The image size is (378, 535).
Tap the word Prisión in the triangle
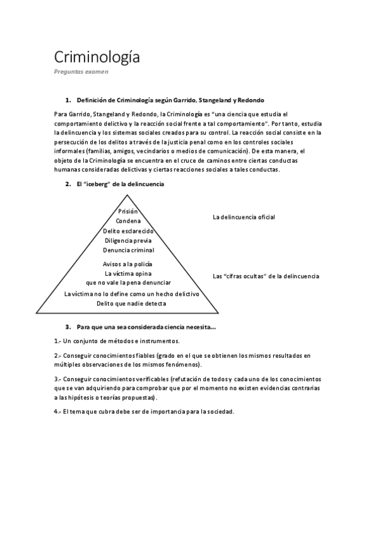pos(128,211)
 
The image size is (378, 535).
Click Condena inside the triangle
pos(128,221)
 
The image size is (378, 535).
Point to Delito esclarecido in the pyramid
pos(128,231)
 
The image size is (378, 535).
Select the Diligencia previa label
pos(128,240)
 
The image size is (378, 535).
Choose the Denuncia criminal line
pos(128,250)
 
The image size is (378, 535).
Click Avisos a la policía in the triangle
pos(128,264)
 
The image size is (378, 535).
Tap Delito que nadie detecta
pos(131,303)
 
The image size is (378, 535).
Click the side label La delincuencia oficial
pos(244,218)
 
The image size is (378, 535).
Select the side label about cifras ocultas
pos(266,276)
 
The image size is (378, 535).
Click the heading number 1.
pos(68,100)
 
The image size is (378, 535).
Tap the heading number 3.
pos(68,327)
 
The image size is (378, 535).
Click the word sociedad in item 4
pos(218,411)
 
